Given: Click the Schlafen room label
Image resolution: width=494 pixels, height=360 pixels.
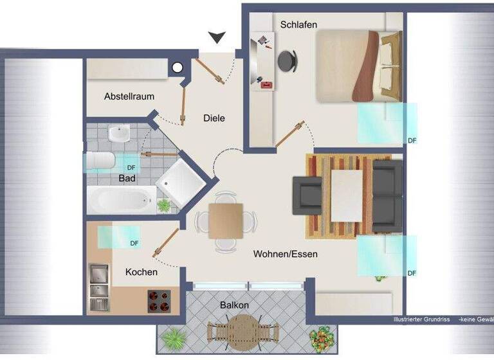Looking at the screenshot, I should pyautogui.click(x=298, y=24).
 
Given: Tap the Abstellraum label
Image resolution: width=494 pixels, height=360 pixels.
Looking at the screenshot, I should pyautogui.click(x=129, y=96).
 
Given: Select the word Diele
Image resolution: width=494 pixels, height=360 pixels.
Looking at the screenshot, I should pyautogui.click(x=214, y=118).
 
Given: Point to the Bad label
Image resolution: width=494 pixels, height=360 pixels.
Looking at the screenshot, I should pyautogui.click(x=127, y=178).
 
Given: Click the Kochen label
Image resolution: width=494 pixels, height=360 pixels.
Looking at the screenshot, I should pyautogui.click(x=142, y=272).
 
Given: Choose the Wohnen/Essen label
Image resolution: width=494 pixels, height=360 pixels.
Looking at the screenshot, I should pyautogui.click(x=285, y=254).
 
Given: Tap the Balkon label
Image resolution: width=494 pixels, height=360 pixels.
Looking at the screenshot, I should pyautogui.click(x=234, y=305).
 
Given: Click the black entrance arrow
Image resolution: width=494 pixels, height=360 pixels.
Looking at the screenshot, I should pyautogui.click(x=217, y=39).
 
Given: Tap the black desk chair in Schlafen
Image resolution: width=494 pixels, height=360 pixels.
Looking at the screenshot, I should pyautogui.click(x=288, y=60).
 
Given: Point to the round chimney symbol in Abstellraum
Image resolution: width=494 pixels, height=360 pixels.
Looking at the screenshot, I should pyautogui.click(x=177, y=67).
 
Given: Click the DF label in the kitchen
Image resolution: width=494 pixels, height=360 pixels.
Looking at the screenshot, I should pyautogui.click(x=134, y=243).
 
